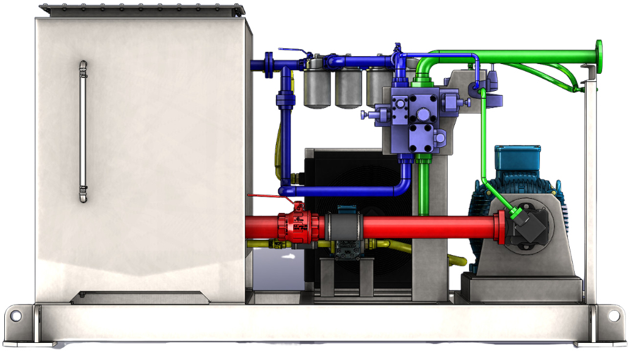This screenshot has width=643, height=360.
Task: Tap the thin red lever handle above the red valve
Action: pos(269,196)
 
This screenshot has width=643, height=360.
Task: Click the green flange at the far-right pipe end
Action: pos(599,56)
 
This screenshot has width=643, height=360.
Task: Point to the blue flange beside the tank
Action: pos(269,65)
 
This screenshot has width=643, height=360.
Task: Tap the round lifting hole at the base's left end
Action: pos(16,316)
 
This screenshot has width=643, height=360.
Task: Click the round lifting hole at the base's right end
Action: pos(613,316)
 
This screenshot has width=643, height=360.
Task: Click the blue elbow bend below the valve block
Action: pos(405,183)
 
